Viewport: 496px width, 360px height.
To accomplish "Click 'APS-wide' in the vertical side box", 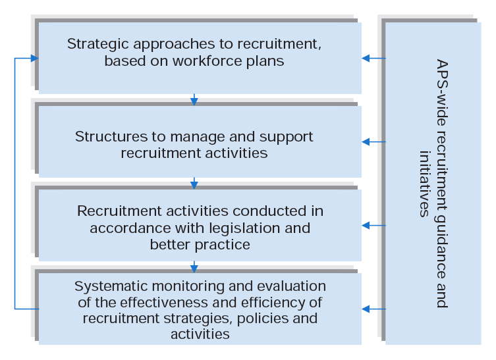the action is click(442, 92).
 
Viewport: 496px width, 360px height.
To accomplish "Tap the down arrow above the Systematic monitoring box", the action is click(194, 267).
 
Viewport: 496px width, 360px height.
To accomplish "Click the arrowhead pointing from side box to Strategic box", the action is click(366, 58).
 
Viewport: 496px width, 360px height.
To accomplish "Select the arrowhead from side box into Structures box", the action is click(366, 142).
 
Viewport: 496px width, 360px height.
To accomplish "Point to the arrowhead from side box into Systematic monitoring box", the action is click(366, 309).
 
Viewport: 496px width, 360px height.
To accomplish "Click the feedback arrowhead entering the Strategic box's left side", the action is click(35, 58).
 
